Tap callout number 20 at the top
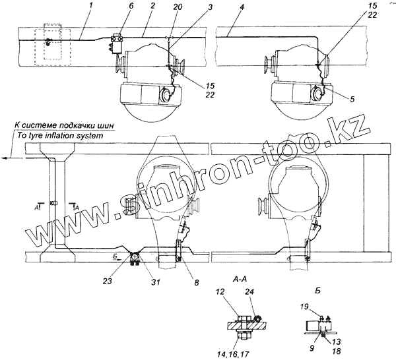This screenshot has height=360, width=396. [178, 7]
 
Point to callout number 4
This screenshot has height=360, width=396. [242, 7]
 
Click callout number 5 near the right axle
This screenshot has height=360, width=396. [352, 99]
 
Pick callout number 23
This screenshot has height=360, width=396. [108, 281]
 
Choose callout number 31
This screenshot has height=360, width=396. [156, 282]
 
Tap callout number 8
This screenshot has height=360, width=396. [197, 282]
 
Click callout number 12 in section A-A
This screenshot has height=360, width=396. [220, 292]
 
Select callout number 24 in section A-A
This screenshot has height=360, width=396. [249, 292]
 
